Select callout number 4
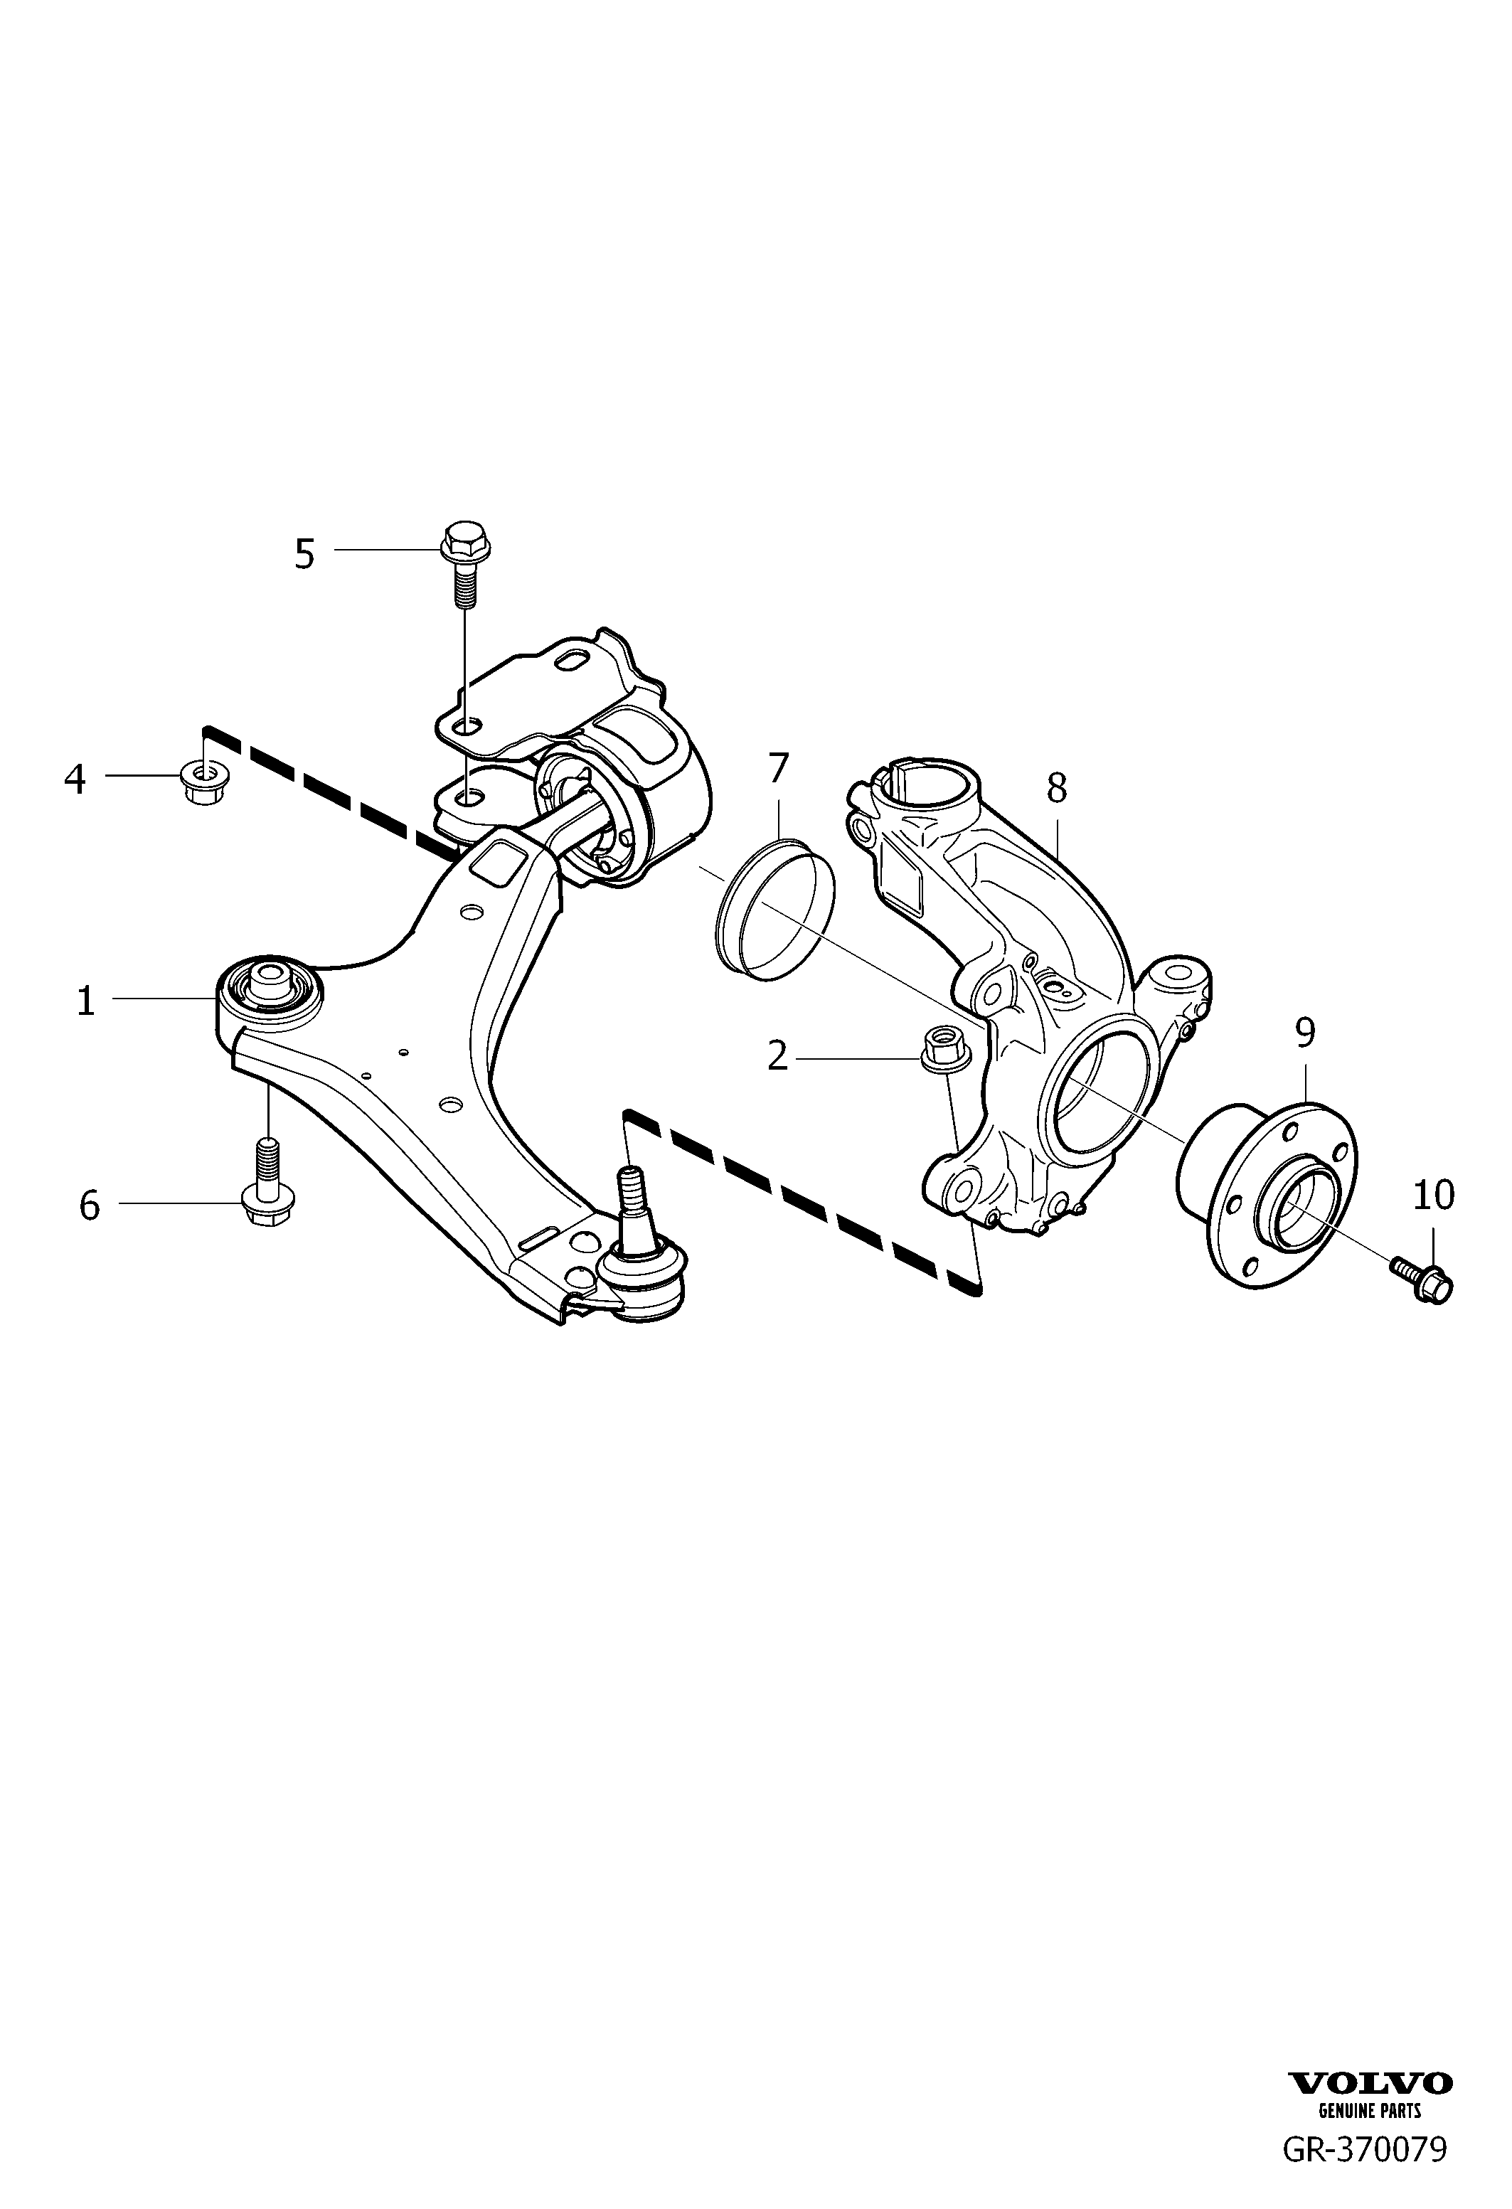coord(75,779)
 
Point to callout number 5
coord(304,554)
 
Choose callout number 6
coord(90,1206)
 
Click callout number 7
coord(778,768)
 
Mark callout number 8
coord(1057,788)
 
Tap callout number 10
coord(1434,1196)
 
